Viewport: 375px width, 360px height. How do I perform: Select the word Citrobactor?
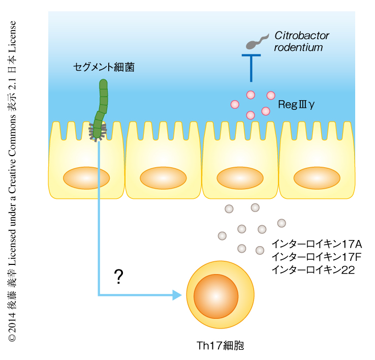coord(302,36)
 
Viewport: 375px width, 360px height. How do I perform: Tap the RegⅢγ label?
coord(297,105)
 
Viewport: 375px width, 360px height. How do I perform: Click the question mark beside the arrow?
coord(119,277)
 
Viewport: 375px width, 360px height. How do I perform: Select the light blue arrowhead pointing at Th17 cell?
coord(177,295)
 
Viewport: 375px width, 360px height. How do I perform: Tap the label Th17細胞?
coord(220,346)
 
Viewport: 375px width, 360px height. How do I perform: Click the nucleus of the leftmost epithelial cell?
coord(86,178)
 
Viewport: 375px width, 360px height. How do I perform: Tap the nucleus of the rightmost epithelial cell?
coord(317,178)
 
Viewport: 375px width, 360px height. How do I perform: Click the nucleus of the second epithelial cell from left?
coord(163,178)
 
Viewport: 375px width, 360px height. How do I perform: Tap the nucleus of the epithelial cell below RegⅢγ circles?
coord(240,178)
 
